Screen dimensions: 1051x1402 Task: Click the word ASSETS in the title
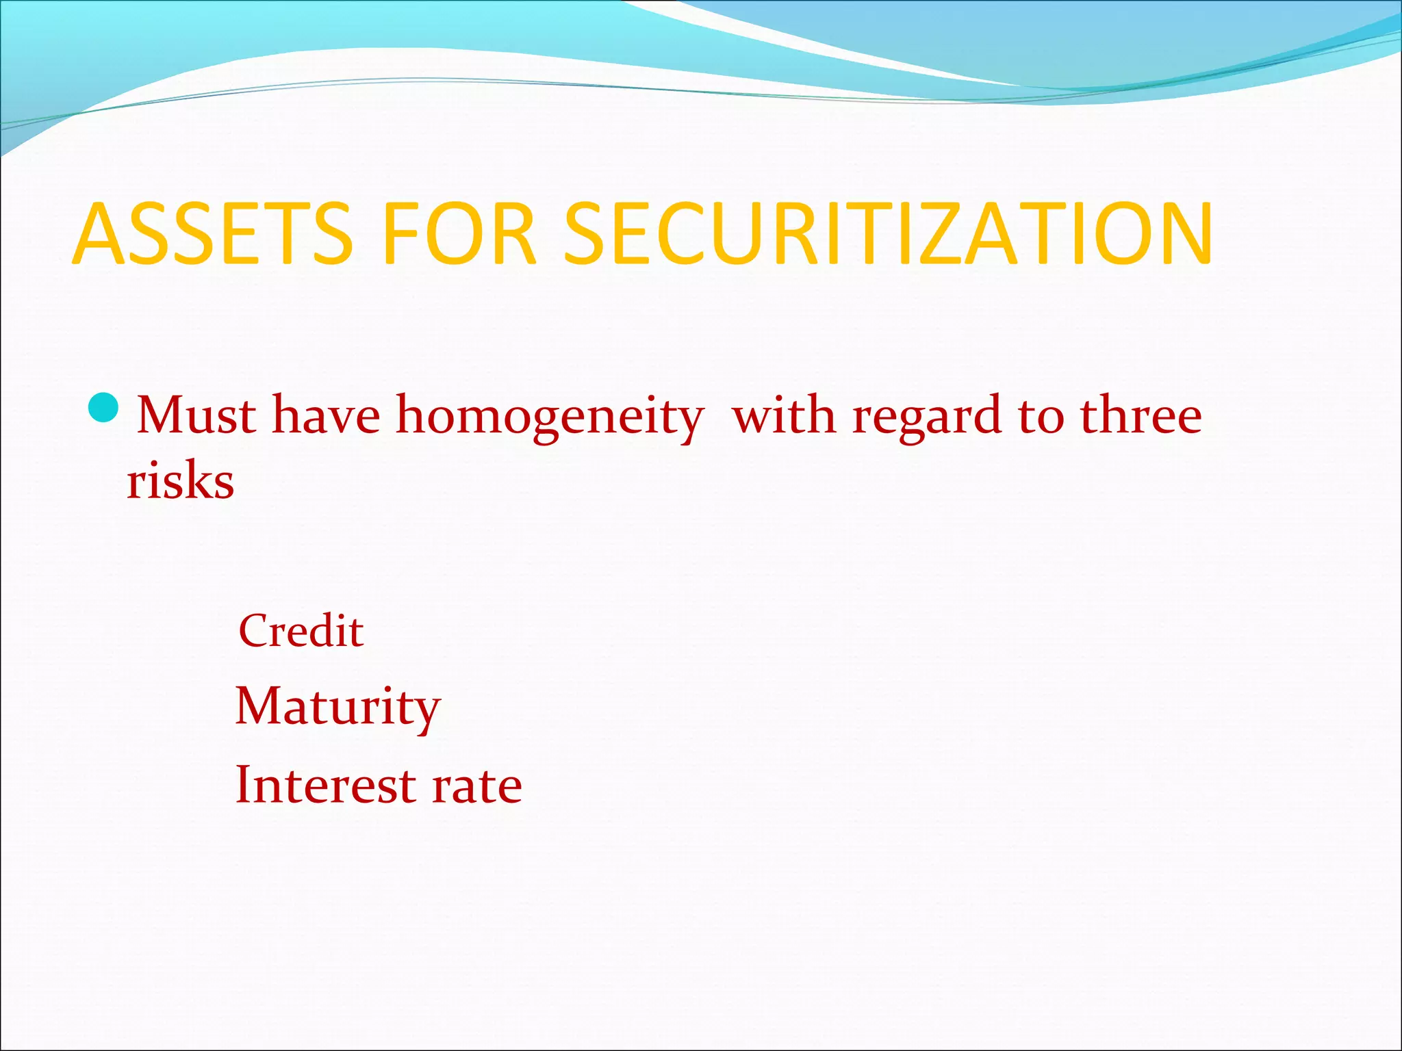(x=212, y=234)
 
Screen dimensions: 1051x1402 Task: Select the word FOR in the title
(x=459, y=234)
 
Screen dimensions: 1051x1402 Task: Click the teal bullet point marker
(x=105, y=409)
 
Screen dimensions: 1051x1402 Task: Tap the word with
(x=784, y=415)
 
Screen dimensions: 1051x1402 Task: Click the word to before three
(x=1041, y=416)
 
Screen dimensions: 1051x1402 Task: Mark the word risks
(x=181, y=480)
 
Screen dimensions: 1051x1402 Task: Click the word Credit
(x=301, y=630)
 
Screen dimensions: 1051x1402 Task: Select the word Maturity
(x=337, y=707)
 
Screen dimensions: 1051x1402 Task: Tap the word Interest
(x=325, y=784)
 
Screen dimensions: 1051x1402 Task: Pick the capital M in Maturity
(x=257, y=705)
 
